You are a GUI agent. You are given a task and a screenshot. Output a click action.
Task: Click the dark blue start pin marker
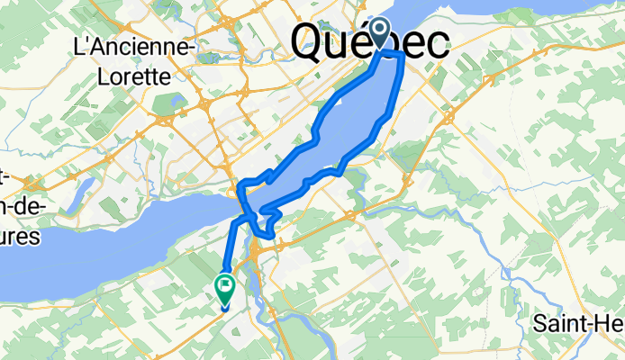380,33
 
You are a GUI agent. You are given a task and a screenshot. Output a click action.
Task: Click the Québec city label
369,42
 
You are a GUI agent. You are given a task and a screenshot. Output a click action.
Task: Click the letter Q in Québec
310,42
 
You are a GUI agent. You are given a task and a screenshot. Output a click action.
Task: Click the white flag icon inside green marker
224,287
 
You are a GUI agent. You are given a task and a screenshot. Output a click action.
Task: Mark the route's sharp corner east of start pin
400,56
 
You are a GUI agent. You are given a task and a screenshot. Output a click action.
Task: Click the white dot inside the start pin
380,30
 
